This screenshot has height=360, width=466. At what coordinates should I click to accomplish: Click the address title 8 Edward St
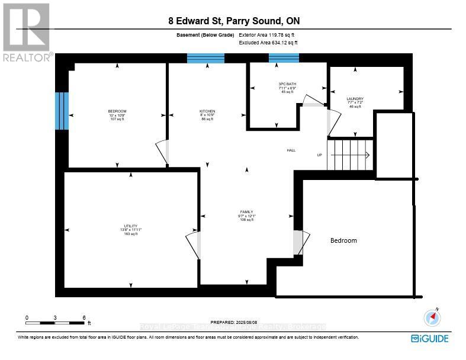(233, 22)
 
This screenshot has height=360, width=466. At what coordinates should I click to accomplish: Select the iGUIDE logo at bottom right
(429, 339)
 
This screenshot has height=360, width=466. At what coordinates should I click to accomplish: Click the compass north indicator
(433, 318)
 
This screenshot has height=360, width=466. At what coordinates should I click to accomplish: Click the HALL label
(291, 150)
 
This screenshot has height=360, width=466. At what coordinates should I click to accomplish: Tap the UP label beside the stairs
(320, 155)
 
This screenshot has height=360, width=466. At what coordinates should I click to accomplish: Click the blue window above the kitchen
(205, 58)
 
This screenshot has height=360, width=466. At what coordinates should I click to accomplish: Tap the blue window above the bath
(284, 58)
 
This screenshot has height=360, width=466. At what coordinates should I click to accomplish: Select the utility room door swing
(193, 243)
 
